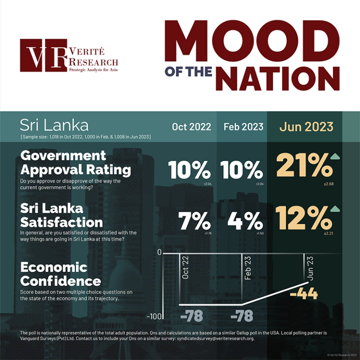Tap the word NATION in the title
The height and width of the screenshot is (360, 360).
click(277, 77)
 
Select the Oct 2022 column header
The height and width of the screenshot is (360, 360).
click(191, 127)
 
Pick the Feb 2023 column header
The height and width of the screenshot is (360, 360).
click(243, 127)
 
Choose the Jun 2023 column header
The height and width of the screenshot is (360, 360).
click(306, 127)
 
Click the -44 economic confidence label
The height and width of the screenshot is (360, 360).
click(304, 294)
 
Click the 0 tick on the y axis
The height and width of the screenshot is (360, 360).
click(159, 253)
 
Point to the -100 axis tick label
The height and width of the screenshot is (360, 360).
click(155, 316)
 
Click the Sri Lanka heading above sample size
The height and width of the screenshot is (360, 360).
click(55, 125)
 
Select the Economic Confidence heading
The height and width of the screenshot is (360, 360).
click(61, 274)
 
